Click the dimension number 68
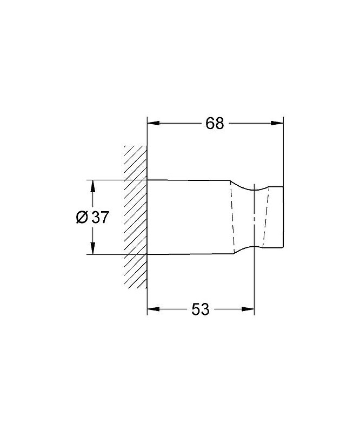click(x=215, y=123)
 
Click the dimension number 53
click(x=201, y=309)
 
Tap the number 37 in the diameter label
click(x=101, y=218)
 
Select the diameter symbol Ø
click(x=82, y=218)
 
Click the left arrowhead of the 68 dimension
click(x=154, y=123)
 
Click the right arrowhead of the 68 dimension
click(x=277, y=123)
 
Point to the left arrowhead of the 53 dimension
click(x=154, y=309)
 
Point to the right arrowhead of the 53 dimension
click(x=248, y=309)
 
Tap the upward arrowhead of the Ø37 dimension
click(x=93, y=186)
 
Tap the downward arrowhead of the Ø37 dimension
click(x=93, y=248)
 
